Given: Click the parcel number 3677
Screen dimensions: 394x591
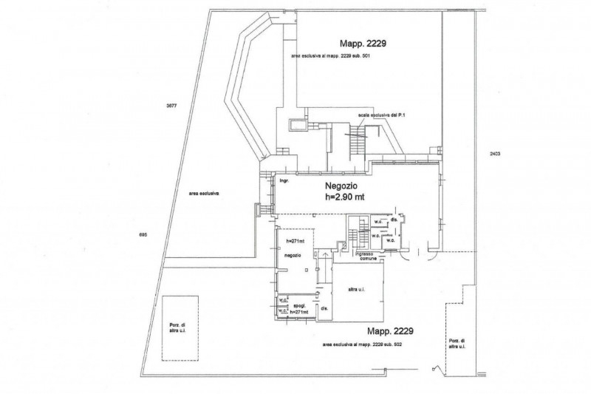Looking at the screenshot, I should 171,106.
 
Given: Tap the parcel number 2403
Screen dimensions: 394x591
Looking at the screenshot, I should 495,153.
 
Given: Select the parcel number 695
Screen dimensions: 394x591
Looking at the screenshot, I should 143,234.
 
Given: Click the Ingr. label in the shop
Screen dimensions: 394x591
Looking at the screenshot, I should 283,180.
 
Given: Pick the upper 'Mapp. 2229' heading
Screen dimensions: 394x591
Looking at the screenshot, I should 363,43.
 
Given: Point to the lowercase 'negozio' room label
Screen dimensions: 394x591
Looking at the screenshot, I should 293,255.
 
